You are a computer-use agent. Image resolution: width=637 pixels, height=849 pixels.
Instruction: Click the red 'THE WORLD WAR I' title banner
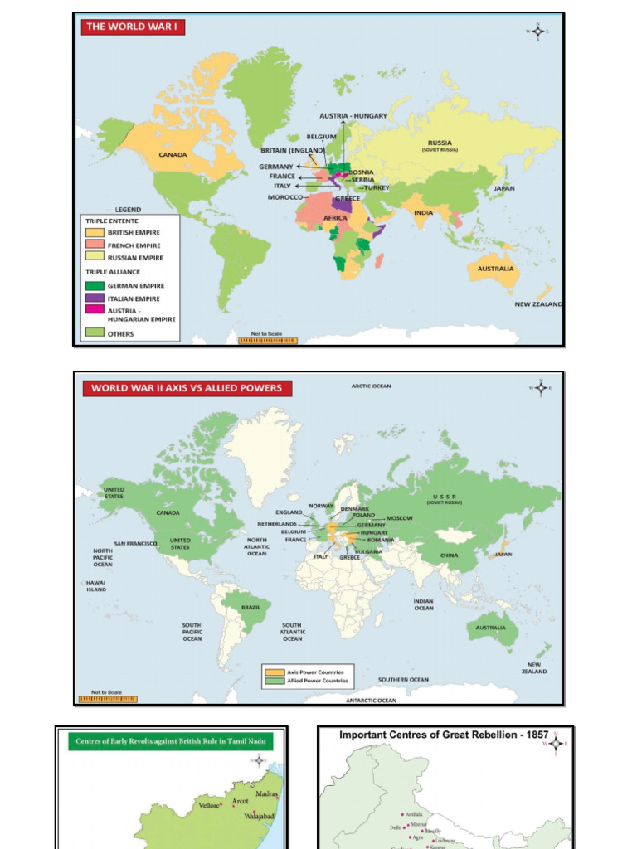click(x=132, y=27)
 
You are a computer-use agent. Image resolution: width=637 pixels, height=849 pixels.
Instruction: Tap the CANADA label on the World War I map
click(x=173, y=154)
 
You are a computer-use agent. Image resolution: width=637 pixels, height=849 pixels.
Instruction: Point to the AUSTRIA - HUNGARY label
click(x=353, y=116)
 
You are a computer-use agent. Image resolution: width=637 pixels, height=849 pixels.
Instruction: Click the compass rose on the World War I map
click(x=537, y=32)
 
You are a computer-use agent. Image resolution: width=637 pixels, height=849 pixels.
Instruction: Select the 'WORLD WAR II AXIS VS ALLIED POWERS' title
click(x=186, y=387)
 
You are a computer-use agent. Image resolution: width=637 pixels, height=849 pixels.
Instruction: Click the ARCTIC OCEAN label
click(x=371, y=386)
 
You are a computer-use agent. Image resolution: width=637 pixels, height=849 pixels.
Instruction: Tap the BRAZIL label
click(x=250, y=607)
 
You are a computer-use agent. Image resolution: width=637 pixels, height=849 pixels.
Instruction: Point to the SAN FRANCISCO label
click(x=136, y=544)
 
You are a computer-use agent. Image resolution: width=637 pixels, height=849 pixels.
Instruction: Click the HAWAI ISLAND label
click(x=96, y=587)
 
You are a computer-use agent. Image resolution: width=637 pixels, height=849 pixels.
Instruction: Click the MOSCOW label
click(x=399, y=518)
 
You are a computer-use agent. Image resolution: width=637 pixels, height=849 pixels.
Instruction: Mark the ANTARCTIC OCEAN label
click(x=371, y=701)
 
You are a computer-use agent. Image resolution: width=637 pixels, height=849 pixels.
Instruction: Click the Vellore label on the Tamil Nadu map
click(x=208, y=805)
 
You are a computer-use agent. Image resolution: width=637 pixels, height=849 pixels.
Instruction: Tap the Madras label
click(x=266, y=794)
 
